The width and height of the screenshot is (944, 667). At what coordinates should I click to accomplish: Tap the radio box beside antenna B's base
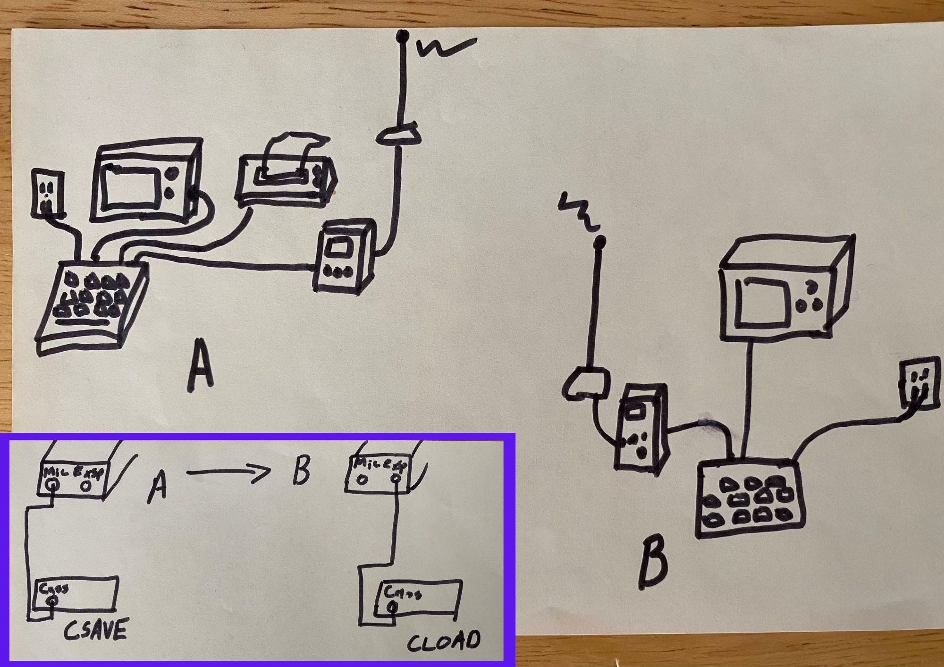point(640,427)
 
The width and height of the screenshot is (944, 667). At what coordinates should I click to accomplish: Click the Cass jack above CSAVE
point(53,600)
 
